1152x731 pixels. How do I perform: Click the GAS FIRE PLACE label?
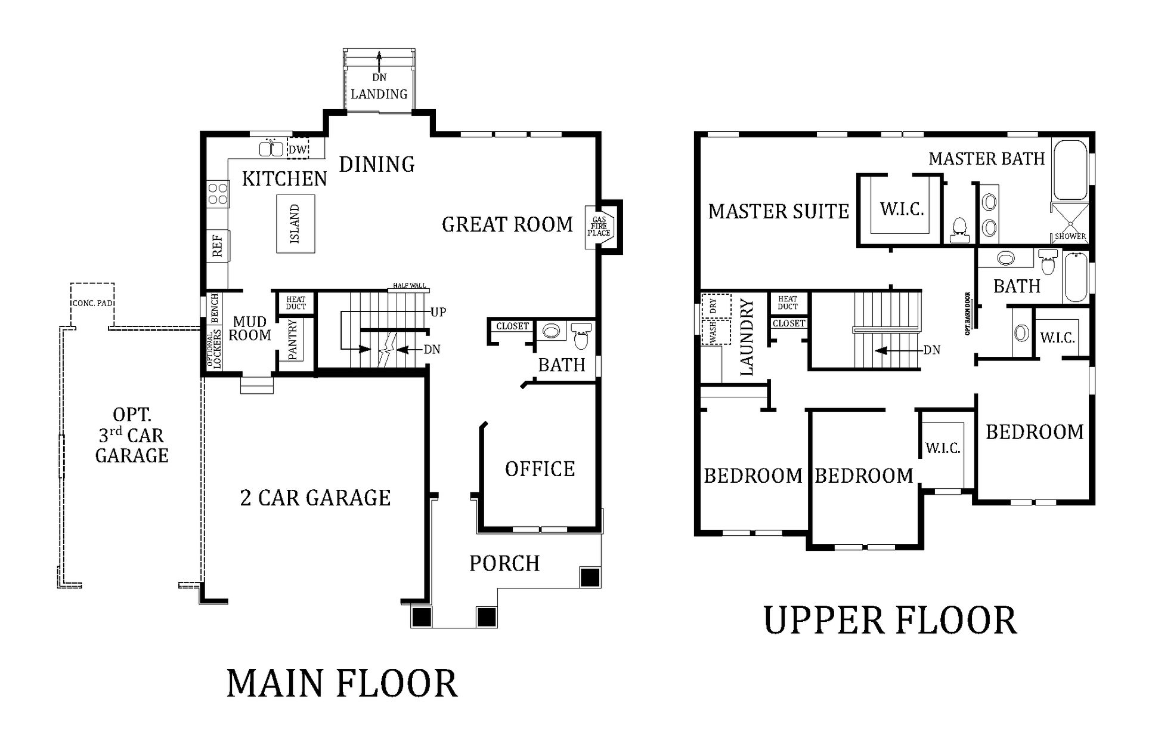pyautogui.click(x=599, y=227)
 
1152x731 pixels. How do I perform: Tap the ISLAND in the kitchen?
pyautogui.click(x=296, y=224)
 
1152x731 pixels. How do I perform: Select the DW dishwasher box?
pyautogui.click(x=298, y=149)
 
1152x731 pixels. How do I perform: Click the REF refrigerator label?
pyautogui.click(x=217, y=245)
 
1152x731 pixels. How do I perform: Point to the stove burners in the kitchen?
pyautogui.click(x=218, y=193)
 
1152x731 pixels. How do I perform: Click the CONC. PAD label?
pyautogui.click(x=92, y=303)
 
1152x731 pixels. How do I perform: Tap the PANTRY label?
pyautogui.click(x=293, y=340)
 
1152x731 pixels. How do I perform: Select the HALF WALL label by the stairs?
pyautogui.click(x=410, y=286)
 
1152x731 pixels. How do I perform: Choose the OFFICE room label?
pyautogui.click(x=540, y=469)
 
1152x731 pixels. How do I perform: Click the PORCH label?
pyautogui.click(x=504, y=563)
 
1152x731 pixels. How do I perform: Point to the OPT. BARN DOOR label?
pyautogui.click(x=968, y=313)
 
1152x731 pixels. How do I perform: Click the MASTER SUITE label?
pyautogui.click(x=779, y=211)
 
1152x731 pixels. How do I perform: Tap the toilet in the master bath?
pyautogui.click(x=959, y=230)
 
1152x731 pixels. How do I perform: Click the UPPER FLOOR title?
pyautogui.click(x=890, y=620)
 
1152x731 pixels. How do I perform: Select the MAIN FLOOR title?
pyautogui.click(x=342, y=684)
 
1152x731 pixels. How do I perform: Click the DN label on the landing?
pyautogui.click(x=379, y=77)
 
